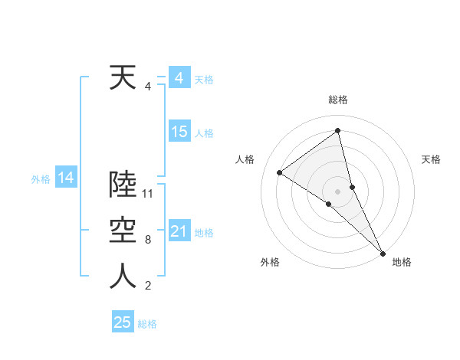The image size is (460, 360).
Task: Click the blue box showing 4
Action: click(179, 78)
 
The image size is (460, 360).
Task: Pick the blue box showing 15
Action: click(179, 132)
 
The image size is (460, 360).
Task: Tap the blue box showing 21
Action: click(179, 231)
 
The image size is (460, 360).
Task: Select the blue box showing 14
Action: click(65, 178)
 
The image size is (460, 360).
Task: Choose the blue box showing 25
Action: click(123, 322)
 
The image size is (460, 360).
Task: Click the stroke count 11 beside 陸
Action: click(149, 194)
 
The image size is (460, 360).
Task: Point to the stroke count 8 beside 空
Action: click(147, 240)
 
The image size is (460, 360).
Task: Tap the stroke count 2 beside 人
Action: click(147, 286)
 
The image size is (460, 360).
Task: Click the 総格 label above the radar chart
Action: click(337, 100)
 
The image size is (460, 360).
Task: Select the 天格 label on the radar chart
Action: click(431, 159)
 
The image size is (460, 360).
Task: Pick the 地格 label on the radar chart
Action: click(402, 262)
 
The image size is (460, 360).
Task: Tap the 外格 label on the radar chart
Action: click(270, 262)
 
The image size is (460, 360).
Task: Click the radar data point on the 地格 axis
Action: click(383, 252)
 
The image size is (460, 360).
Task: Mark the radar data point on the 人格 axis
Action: click(279, 172)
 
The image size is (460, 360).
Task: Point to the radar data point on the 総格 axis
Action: click(337, 131)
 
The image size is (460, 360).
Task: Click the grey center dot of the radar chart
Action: click(337, 191)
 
